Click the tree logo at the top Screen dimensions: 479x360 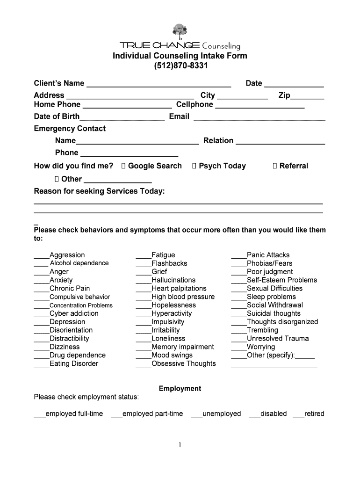pyautogui.click(x=180, y=31)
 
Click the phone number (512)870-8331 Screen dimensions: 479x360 pyautogui.click(x=180, y=66)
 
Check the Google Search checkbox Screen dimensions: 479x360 pyautogui.click(x=123, y=166)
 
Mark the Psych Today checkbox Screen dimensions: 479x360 pyautogui.click(x=194, y=166)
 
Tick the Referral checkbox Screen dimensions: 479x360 pyautogui.click(x=275, y=166)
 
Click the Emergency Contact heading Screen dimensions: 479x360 pyautogui.click(x=70, y=129)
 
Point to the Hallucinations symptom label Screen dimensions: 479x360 pyautogui.click(x=173, y=280)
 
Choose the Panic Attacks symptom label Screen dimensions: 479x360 pyautogui.click(x=268, y=255)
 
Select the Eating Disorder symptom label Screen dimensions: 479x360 pyautogui.click(x=74, y=363)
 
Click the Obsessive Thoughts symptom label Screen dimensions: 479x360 pyautogui.click(x=184, y=363)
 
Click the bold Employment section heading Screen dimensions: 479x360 pyautogui.click(x=180, y=389)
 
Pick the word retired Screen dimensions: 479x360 pyautogui.click(x=314, y=414)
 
